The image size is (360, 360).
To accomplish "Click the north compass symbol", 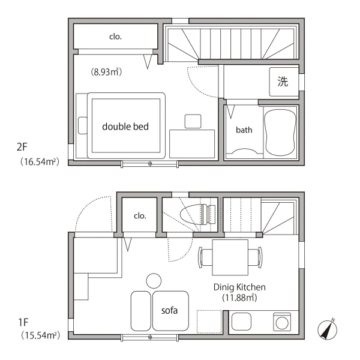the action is click(328, 329).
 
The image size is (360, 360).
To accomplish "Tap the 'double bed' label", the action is click(125, 127).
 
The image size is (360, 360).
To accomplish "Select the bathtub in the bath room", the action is click(280, 133).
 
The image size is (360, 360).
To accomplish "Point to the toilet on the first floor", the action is click(197, 214).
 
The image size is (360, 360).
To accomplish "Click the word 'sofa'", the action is click(169, 310).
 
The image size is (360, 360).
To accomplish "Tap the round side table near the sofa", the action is click(154, 281).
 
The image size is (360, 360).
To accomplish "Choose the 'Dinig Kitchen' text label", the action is click(239, 287).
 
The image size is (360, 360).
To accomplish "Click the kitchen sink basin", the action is click(241, 322).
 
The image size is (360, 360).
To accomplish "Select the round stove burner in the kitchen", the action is click(282, 323).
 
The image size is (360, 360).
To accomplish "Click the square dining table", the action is click(230, 257).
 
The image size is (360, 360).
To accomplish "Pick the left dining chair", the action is click(205, 257).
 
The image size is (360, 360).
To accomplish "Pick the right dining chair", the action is click(256, 257).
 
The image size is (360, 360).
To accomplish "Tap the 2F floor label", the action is click(22, 147).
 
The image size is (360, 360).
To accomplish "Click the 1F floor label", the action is click(23, 322).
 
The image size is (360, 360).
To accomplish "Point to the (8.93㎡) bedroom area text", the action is click(106, 72).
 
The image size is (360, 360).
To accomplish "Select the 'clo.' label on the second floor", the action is click(115, 37).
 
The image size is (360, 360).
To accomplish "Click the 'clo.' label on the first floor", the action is click(140, 216).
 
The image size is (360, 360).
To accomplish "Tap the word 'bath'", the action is click(244, 130).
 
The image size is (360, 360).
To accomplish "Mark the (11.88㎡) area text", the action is click(239, 298).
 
